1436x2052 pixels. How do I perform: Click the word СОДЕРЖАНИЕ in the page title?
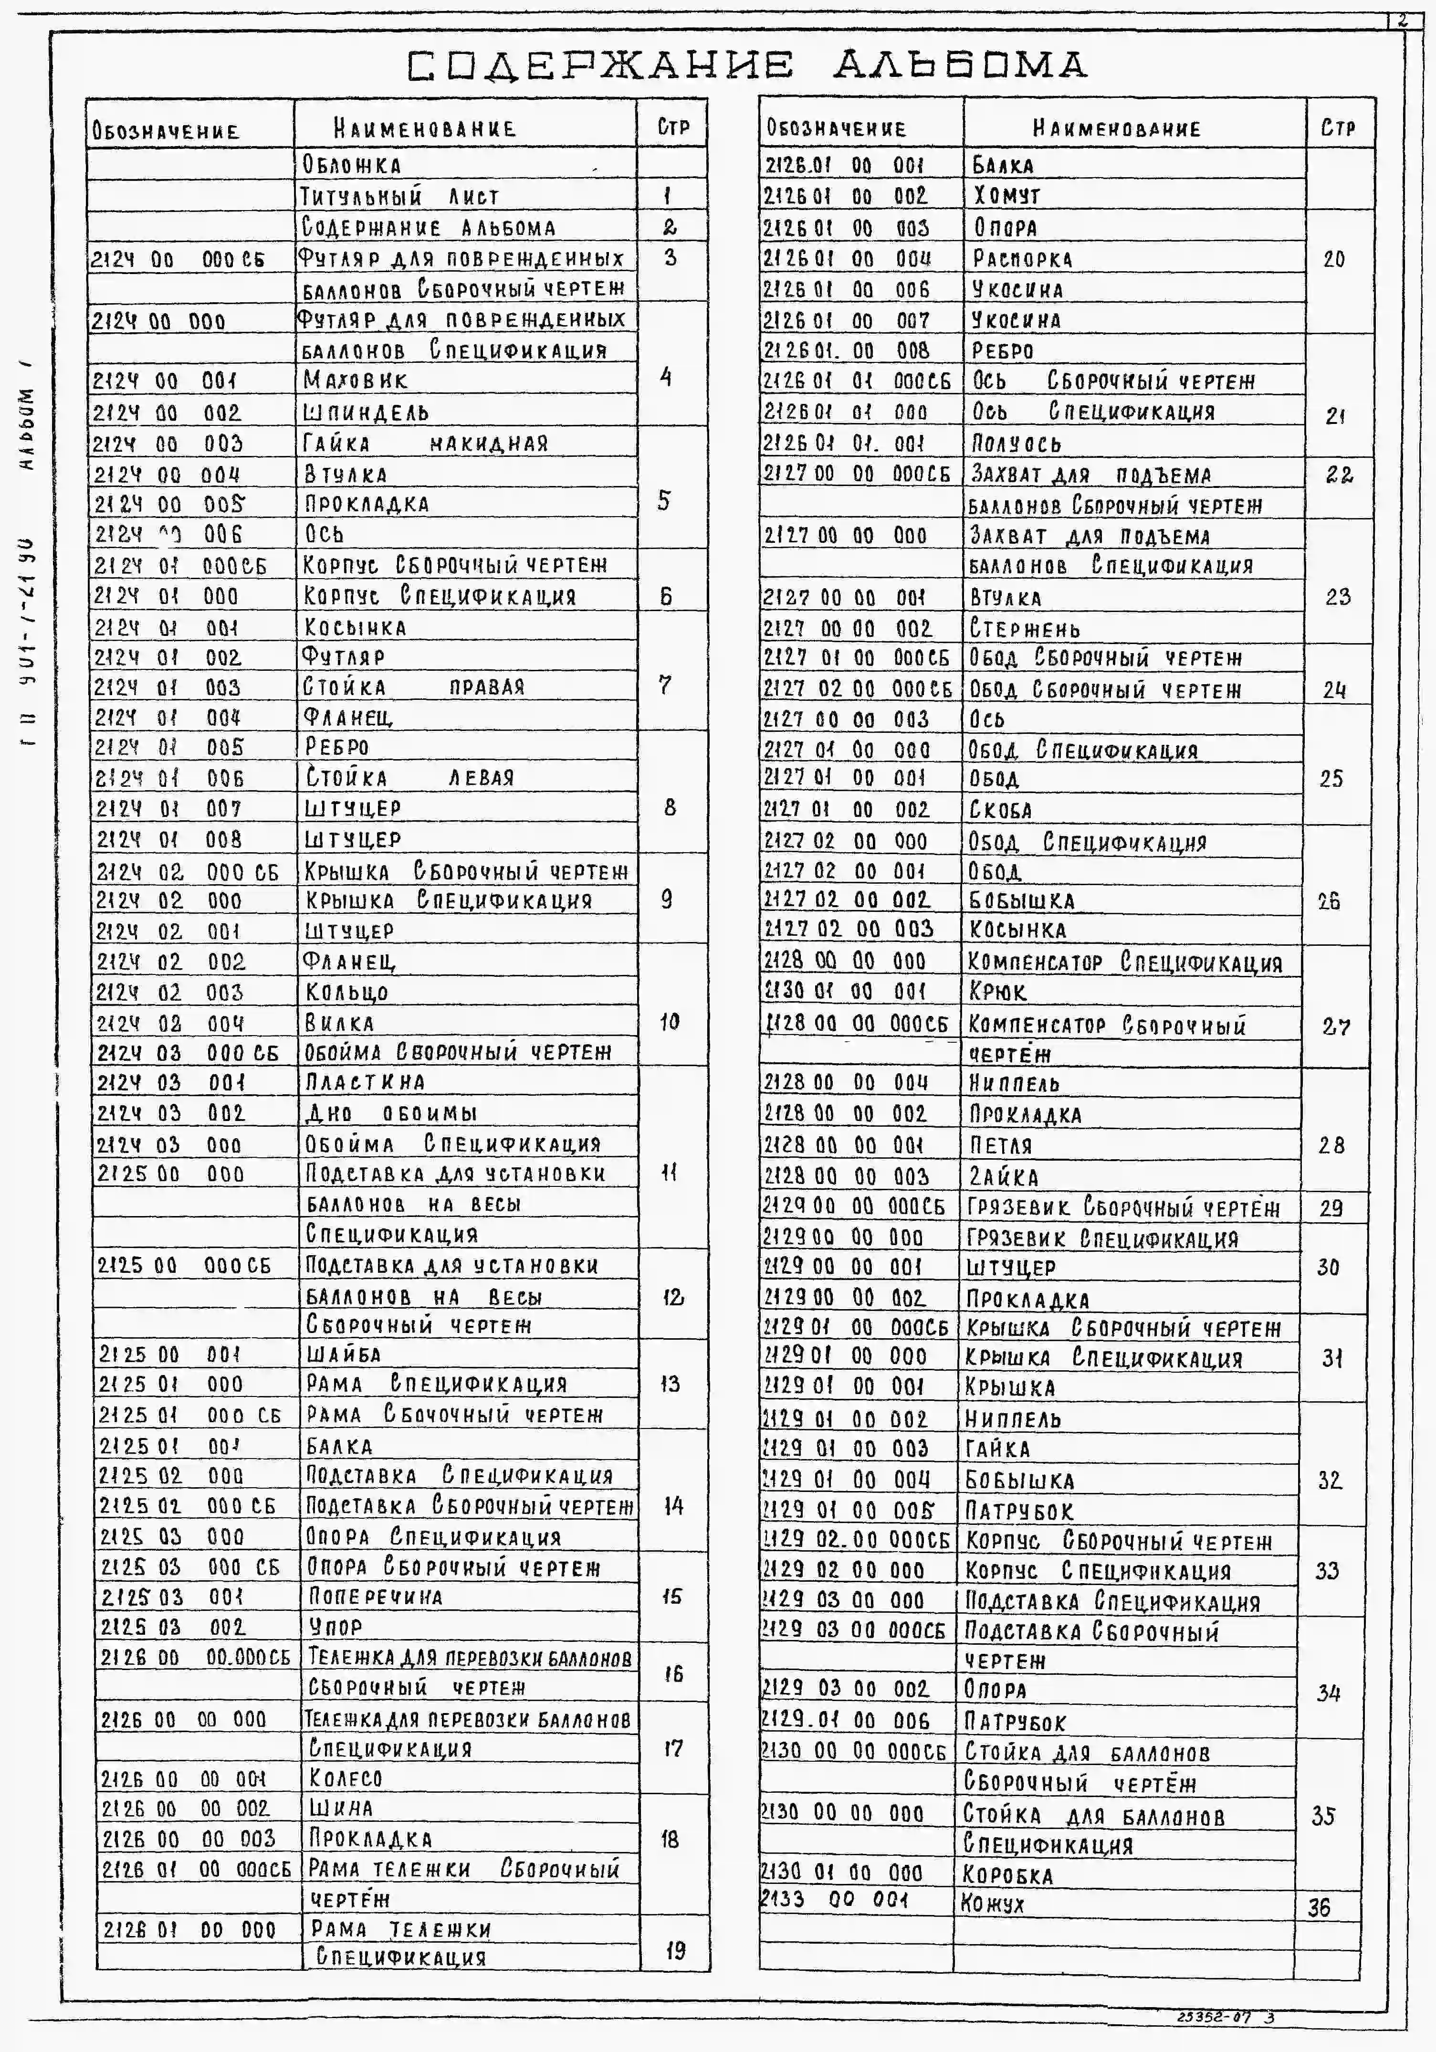click(599, 66)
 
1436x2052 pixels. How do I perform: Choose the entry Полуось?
click(1016, 444)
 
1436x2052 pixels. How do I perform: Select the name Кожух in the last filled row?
click(992, 1904)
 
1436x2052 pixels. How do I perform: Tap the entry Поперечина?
click(375, 1596)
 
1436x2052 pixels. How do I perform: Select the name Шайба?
click(343, 1354)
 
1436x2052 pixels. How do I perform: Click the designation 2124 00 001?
click(165, 381)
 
